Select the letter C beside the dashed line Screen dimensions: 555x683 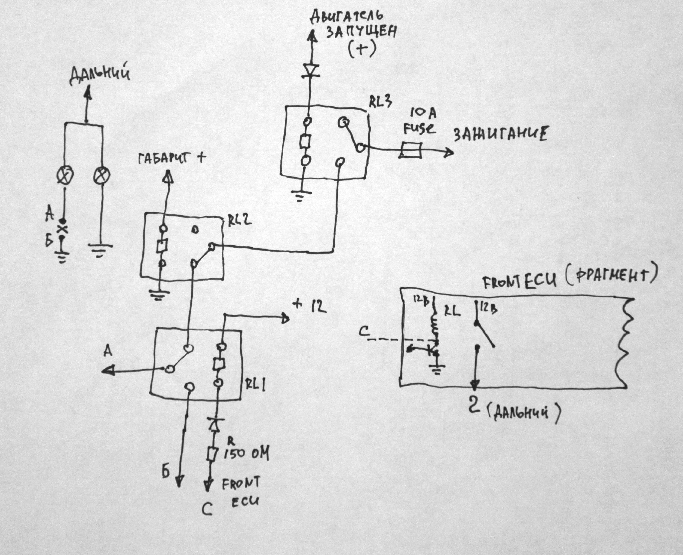(x=364, y=332)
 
